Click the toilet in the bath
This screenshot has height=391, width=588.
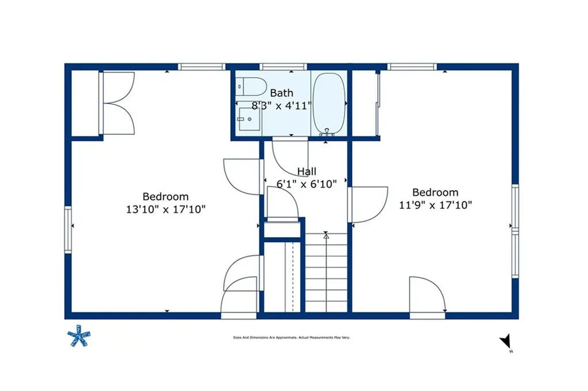pos(252,86)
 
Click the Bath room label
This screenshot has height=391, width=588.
pos(281,92)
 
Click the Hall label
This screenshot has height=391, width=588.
pos(307,171)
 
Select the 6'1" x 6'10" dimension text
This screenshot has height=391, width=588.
pos(307,184)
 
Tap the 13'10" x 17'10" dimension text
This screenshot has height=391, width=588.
pos(165,210)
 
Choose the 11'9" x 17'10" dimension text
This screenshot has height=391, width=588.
pos(435,205)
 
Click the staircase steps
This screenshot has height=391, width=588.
pos(326,273)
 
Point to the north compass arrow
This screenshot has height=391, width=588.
pos(505,342)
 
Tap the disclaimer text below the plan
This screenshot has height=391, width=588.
pos(291,338)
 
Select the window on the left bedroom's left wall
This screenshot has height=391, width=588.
pos(68,230)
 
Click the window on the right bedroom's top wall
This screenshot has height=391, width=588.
pos(412,67)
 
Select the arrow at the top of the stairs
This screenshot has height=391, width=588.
pos(326,235)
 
